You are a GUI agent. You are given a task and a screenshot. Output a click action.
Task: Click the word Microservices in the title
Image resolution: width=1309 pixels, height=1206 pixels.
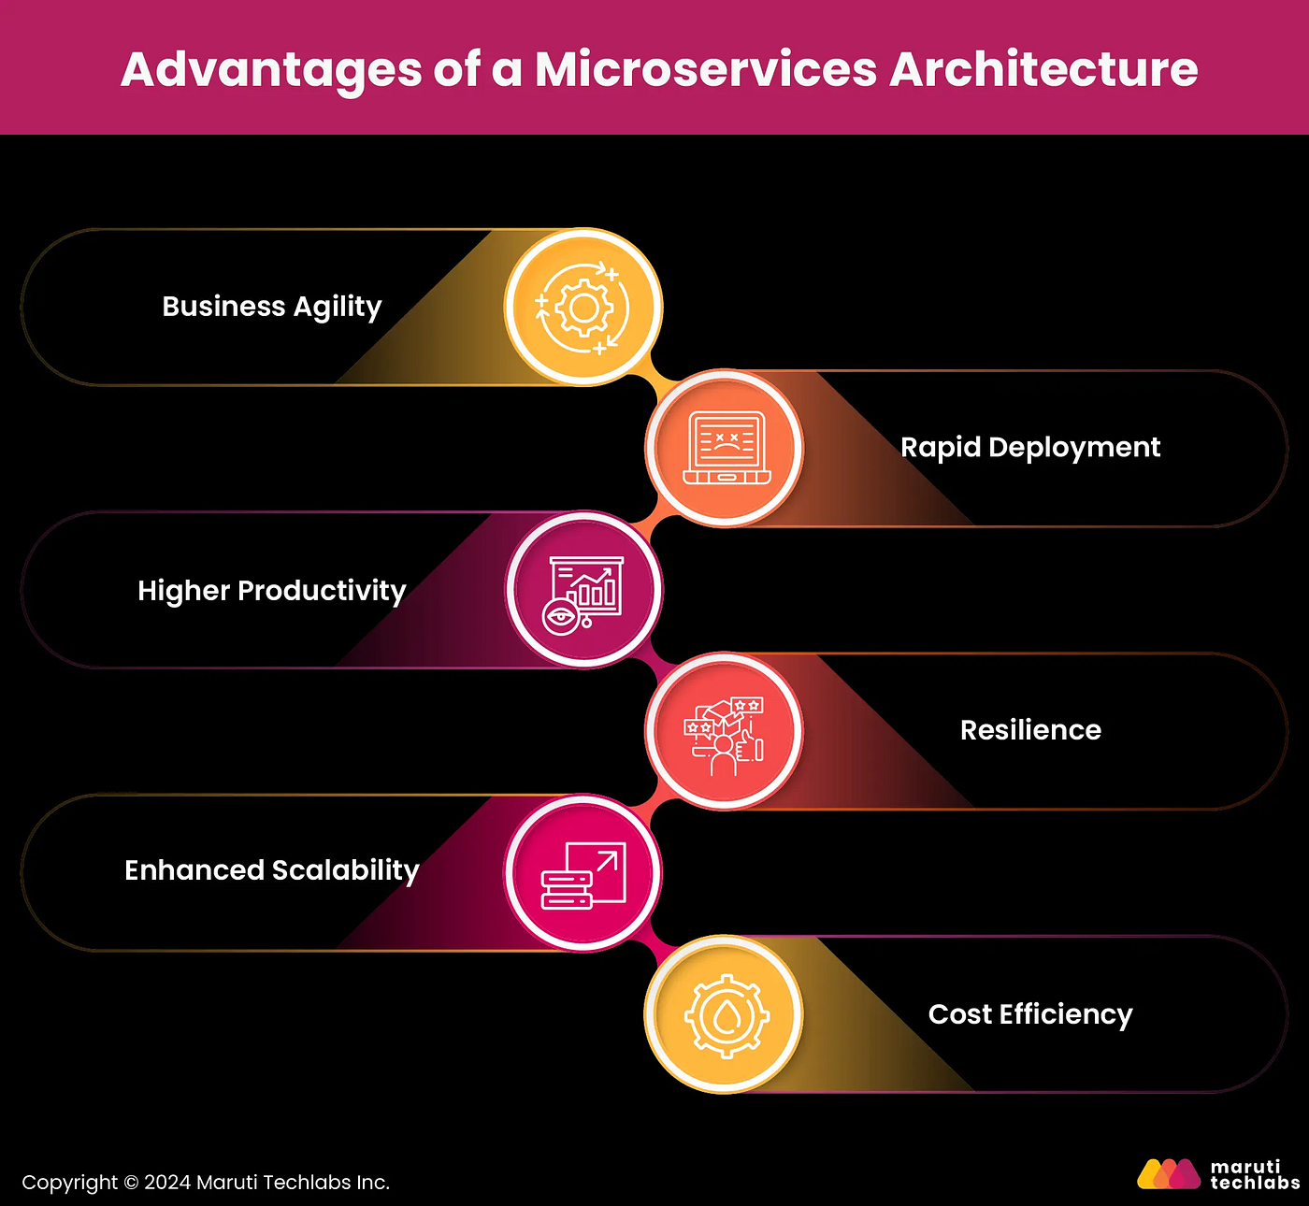(706, 69)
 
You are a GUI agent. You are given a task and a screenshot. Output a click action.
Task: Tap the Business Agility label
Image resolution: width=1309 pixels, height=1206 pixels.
(272, 307)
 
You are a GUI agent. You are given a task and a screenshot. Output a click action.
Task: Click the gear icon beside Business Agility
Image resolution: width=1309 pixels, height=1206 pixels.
(583, 308)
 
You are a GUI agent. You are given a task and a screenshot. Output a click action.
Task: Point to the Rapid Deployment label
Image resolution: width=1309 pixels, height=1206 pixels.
(1029, 447)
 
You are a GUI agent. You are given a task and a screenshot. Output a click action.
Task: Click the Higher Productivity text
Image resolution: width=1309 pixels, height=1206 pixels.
(272, 591)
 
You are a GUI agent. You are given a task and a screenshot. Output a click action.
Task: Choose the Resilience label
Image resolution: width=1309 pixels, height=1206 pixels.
(1030, 730)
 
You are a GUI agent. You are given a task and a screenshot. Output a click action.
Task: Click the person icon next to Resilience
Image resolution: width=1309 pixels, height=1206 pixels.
(724, 733)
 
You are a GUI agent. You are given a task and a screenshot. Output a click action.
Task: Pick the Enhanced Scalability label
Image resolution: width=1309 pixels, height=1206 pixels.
(272, 870)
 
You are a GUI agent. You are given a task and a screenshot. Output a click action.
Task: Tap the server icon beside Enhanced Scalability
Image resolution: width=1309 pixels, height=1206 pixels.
(583, 875)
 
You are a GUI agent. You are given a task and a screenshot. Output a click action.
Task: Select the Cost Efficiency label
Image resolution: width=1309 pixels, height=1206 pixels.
(1030, 1014)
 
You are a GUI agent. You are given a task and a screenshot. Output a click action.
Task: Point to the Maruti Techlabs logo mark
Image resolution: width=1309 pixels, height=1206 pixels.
(1168, 1174)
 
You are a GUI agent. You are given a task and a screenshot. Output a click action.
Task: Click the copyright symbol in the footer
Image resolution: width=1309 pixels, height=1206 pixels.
(131, 1184)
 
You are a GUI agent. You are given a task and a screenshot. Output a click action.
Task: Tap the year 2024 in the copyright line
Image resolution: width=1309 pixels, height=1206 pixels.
(167, 1184)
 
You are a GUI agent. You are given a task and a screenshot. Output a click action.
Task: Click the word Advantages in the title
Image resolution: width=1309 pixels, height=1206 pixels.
(271, 69)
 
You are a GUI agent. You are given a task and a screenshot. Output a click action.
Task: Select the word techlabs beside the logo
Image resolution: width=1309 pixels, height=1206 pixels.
(1255, 1184)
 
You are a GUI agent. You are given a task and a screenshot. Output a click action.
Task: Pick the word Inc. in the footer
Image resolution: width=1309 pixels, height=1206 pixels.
(371, 1184)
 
